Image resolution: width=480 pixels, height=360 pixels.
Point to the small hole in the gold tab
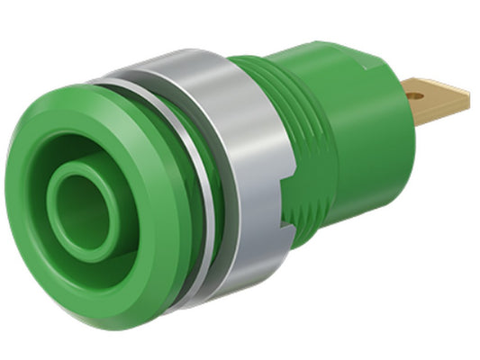tap(416, 89)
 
